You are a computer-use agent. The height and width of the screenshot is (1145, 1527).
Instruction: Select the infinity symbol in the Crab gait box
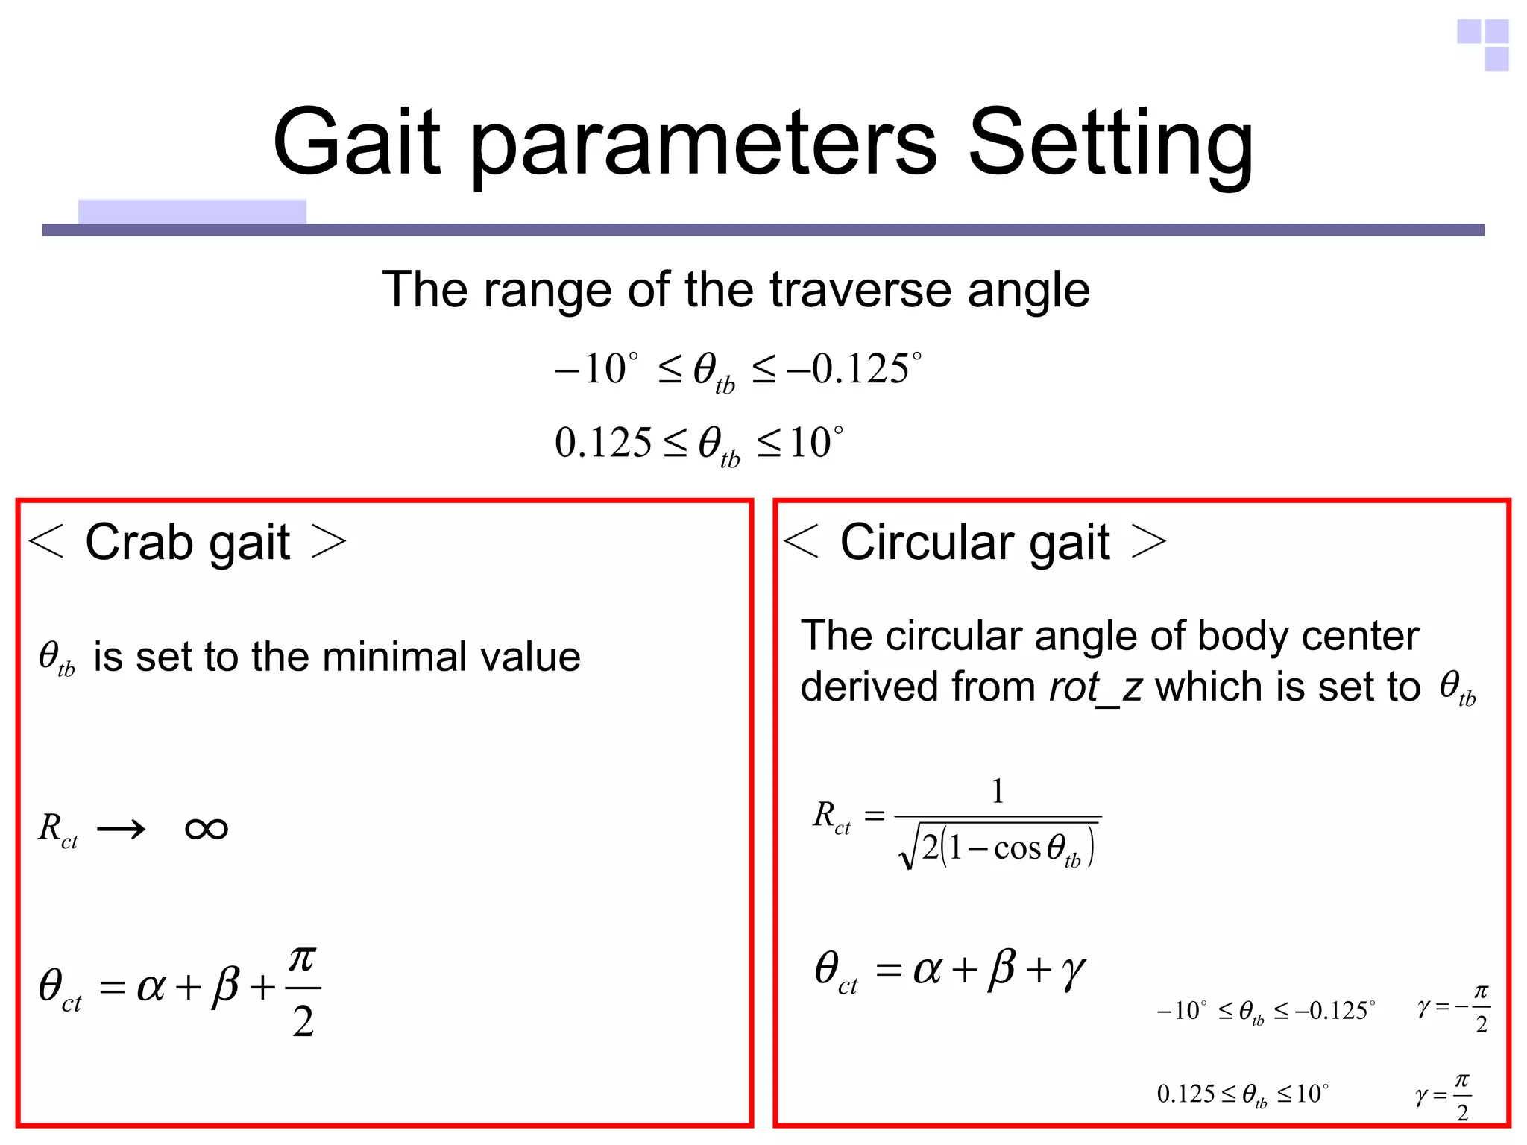pyautogui.click(x=207, y=829)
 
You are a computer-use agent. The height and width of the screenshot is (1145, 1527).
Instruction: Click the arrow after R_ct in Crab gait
pyautogui.click(x=122, y=829)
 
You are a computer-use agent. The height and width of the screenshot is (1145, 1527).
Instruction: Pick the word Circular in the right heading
pyautogui.click(x=925, y=542)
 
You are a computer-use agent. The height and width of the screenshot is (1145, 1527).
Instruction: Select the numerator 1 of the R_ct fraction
pyautogui.click(x=998, y=791)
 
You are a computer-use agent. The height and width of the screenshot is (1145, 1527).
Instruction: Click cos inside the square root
pyautogui.click(x=1017, y=848)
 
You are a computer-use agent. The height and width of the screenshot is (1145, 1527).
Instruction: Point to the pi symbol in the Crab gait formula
pyautogui.click(x=302, y=959)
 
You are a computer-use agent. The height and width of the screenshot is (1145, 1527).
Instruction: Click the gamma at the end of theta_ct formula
pyautogui.click(x=1073, y=971)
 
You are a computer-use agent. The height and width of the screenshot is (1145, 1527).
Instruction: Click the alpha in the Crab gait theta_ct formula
pyautogui.click(x=151, y=987)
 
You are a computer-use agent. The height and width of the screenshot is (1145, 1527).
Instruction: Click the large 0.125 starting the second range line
pyautogui.click(x=602, y=443)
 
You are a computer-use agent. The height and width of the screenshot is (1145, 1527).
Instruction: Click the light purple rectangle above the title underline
pyautogui.click(x=192, y=211)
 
